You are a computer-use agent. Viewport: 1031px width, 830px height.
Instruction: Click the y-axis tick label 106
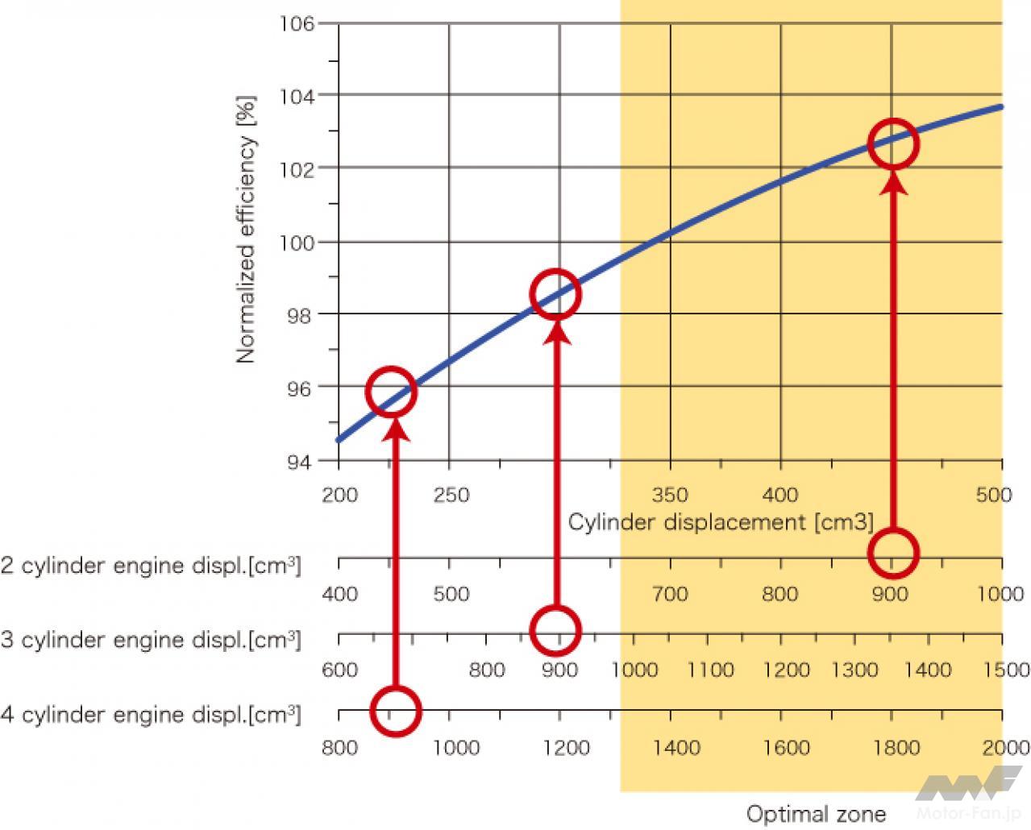tap(297, 23)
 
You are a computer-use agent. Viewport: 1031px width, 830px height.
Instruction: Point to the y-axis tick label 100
tap(297, 242)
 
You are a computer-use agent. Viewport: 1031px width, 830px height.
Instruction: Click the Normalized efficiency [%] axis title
tap(246, 230)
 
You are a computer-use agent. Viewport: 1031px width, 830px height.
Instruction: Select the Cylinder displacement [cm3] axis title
tap(721, 522)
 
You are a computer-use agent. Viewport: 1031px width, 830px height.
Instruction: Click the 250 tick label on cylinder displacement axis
tap(451, 494)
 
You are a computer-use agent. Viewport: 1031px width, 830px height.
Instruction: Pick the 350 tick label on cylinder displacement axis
tap(670, 494)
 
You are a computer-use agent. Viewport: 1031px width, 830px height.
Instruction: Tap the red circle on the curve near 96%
tap(391, 392)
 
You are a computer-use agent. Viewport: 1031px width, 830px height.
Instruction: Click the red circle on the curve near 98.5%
tap(555, 294)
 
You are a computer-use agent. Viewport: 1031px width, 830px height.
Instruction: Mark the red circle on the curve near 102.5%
tap(893, 144)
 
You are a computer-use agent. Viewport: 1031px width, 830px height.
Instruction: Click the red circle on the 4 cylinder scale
tap(395, 711)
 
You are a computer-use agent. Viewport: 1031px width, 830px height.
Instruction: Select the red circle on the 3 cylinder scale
tap(555, 630)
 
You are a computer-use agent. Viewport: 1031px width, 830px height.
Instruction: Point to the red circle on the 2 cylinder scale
tap(893, 553)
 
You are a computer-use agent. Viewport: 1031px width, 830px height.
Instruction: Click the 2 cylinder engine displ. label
tap(151, 566)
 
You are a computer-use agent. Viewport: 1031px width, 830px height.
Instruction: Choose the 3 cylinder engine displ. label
tap(151, 641)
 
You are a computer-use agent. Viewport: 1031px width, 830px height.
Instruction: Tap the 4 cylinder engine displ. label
tap(151, 715)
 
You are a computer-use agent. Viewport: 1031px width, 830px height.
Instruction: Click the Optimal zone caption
tap(816, 814)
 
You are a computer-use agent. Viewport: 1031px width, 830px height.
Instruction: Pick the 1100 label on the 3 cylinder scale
tap(711, 670)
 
